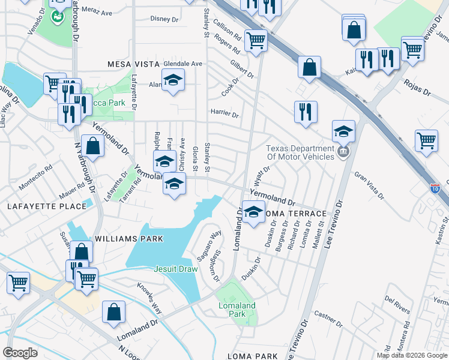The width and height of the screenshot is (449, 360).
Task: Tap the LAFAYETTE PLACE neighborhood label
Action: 47,206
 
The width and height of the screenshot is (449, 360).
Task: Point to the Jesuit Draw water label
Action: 175,269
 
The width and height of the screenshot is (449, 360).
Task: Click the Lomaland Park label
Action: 237,310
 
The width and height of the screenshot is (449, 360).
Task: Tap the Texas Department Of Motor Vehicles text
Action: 300,152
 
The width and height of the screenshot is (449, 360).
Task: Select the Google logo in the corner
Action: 20,352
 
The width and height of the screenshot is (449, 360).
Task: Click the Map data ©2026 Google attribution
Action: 411,355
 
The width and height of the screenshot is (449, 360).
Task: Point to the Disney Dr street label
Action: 164,19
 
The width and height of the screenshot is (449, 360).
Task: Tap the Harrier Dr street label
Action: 224,113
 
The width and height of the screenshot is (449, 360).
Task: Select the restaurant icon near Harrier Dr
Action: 306,112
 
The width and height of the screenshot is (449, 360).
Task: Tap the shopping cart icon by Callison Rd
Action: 256,41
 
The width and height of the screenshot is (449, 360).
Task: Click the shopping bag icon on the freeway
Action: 309,68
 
